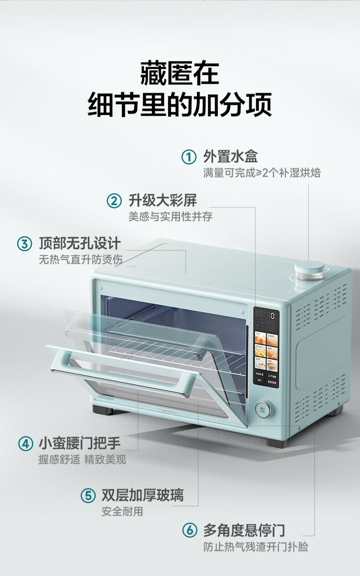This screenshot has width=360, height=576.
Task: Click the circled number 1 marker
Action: point(189,156)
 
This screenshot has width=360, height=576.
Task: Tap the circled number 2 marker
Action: point(114,201)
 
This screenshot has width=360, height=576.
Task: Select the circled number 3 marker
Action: point(25,244)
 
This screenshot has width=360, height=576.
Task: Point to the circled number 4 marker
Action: point(26,443)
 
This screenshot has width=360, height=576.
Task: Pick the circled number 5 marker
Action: point(88,496)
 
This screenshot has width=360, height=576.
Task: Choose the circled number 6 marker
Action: point(190,530)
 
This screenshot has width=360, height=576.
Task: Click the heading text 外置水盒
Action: point(230,156)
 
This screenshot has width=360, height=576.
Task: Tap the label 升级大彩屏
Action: point(163,200)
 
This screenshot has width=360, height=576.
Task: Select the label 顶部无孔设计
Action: point(80,243)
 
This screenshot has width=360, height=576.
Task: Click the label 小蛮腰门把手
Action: point(80,443)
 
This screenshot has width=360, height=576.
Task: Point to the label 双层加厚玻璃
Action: point(143,495)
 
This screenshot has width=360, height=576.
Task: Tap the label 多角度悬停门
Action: point(244,530)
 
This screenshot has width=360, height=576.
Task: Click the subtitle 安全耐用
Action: point(122,512)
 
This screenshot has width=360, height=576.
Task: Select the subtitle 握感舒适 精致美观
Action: point(82,459)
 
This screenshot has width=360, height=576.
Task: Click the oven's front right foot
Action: point(276,443)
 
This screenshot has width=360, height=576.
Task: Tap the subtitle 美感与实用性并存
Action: point(170,216)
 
